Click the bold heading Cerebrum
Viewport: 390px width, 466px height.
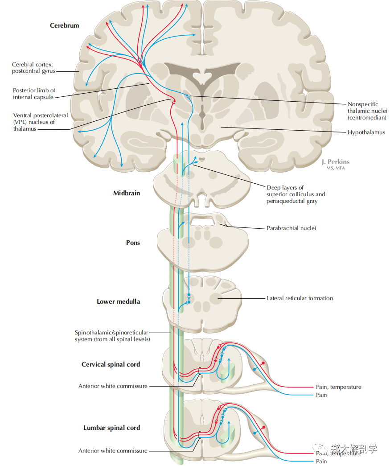point(64,25)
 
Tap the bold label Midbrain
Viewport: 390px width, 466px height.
point(126,193)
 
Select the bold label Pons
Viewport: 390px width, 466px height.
point(133,243)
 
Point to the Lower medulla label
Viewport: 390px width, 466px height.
point(118,301)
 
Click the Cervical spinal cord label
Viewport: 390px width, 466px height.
point(111,364)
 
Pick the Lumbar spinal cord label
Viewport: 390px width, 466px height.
point(111,428)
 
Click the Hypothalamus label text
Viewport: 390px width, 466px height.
point(366,132)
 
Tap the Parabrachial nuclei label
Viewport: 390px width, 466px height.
point(291,228)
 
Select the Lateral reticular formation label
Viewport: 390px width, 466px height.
point(300,298)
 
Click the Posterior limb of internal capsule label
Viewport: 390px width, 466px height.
point(34,94)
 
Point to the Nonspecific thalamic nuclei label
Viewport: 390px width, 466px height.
point(367,111)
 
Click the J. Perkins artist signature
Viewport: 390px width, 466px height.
point(336,161)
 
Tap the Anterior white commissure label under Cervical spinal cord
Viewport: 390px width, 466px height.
point(113,386)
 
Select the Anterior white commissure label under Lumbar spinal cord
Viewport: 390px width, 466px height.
point(113,451)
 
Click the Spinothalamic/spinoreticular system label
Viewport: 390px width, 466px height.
point(112,336)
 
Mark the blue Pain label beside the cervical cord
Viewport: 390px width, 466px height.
point(321,395)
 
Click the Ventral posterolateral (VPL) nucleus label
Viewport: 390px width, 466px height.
point(40,122)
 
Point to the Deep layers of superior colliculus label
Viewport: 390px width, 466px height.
point(296,194)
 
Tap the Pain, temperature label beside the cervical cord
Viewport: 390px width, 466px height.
point(338,387)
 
